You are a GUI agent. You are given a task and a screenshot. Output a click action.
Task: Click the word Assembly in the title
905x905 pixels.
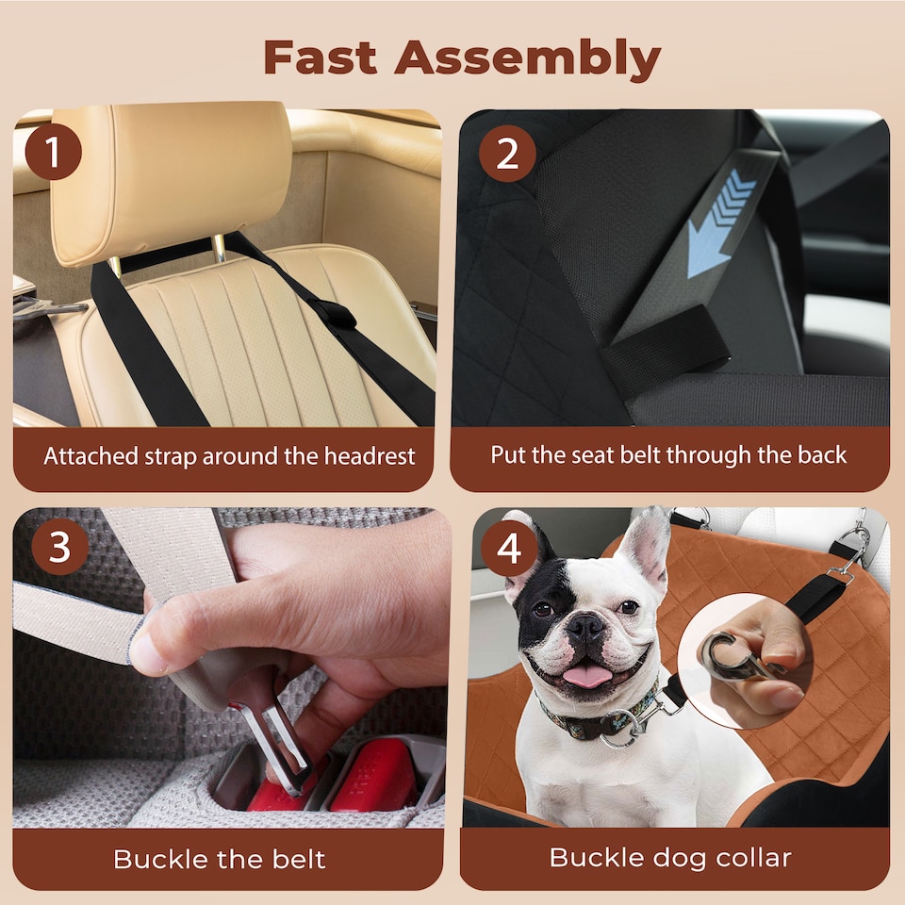point(528,58)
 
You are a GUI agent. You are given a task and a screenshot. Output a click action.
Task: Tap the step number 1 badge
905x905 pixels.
point(54,152)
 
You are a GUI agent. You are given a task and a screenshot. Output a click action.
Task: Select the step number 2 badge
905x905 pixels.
point(507,154)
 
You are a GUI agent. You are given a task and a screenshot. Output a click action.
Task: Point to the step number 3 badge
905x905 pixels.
point(59,548)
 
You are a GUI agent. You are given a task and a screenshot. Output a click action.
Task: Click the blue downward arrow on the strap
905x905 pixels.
point(722,222)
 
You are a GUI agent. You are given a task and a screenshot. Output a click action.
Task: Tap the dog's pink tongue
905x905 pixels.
point(587,675)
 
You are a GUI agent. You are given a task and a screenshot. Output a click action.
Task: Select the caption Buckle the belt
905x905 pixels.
point(219,859)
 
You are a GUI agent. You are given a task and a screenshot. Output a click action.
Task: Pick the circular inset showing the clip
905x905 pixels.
point(746,659)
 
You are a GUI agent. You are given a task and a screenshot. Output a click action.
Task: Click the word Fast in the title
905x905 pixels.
point(320,58)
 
